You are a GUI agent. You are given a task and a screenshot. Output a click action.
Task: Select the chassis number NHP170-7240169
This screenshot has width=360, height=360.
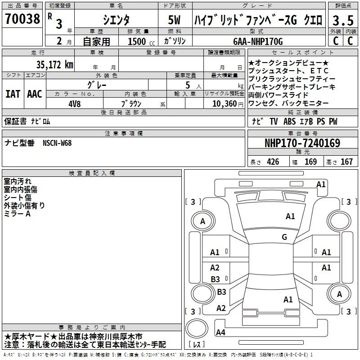[x=302, y=143]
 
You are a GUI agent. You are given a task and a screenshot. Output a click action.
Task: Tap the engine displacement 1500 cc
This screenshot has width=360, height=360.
[x=137, y=42]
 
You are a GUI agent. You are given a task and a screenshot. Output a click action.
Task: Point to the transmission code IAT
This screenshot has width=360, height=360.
[x=13, y=94]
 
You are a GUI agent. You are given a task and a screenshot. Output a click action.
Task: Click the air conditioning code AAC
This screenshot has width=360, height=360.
[x=34, y=94]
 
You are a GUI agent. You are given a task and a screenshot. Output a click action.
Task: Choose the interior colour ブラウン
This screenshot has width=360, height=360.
[x=131, y=103]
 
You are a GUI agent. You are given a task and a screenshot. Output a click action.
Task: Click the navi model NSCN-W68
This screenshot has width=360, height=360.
[x=57, y=143]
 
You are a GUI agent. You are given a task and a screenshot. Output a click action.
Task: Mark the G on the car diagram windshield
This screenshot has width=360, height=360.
[x=284, y=237]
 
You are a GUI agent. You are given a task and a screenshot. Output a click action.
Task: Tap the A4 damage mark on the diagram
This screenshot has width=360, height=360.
[x=220, y=333]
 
